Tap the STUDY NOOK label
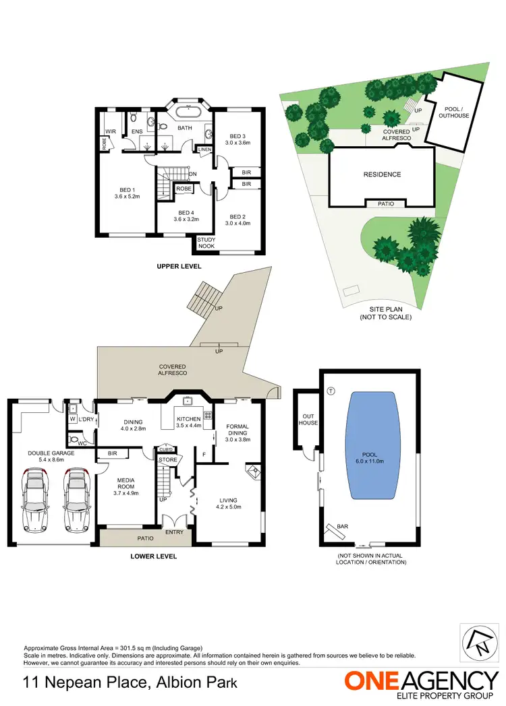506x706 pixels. tap(206, 243)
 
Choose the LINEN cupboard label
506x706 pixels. tap(204, 149)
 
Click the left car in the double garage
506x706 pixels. tap(36, 503)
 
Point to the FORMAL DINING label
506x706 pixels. tap(237, 430)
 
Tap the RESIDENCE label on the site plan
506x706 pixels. tap(383, 174)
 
